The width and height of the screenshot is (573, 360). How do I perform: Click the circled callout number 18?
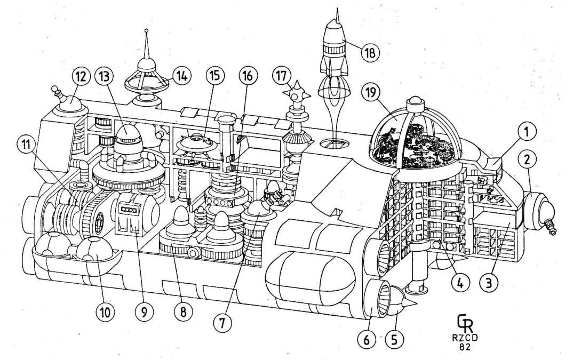tap(369, 52)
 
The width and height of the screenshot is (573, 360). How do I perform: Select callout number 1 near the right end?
tap(527, 130)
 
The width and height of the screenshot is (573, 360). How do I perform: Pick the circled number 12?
tap(81, 77)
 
